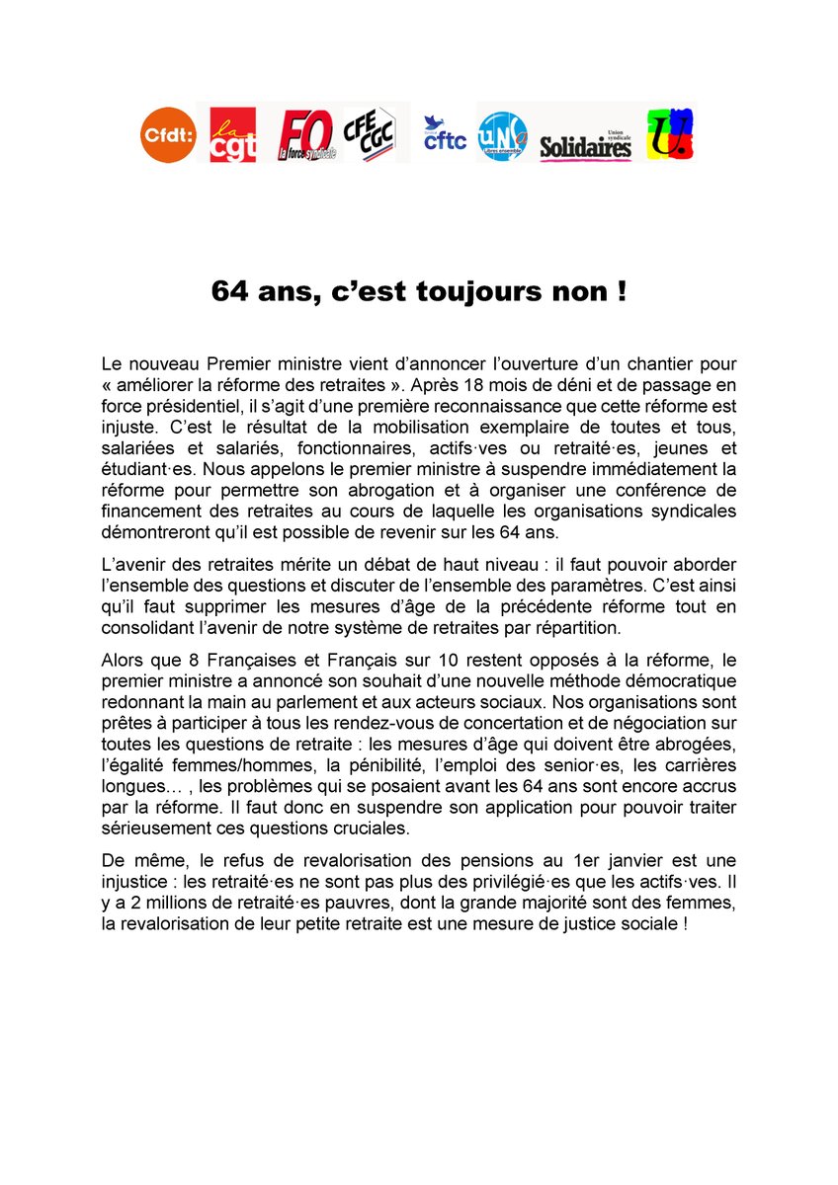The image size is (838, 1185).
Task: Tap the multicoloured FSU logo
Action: pos(670,134)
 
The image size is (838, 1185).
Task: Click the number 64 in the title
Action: pos(229,292)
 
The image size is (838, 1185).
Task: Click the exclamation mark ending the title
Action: pos(621,292)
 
